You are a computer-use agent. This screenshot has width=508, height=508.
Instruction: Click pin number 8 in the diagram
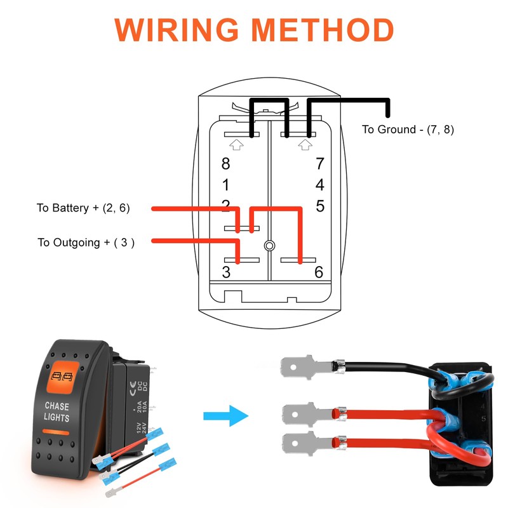pos(225,163)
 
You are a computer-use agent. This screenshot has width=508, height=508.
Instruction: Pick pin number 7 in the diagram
pos(320,163)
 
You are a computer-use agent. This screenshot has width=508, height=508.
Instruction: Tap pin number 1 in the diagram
pos(225,185)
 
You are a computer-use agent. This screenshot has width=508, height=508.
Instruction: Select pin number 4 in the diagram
pos(320,185)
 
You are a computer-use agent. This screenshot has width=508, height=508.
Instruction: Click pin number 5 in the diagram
pos(320,206)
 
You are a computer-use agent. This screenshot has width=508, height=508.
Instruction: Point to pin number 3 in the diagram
pos(226,272)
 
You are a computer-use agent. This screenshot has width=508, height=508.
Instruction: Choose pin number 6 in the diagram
pos(319,272)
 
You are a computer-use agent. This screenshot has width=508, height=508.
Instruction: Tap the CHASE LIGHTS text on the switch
pos(58,411)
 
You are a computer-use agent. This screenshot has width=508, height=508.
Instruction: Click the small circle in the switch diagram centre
pos(270,245)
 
